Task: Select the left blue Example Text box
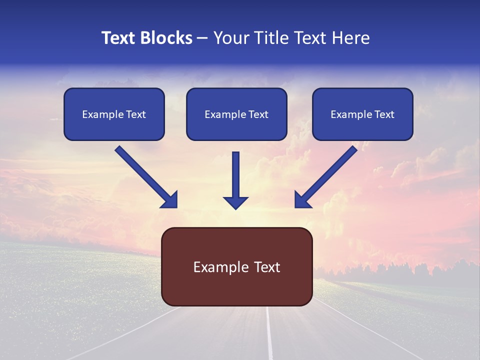click(114, 114)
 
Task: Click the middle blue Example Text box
click(236, 114)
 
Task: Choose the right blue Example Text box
click(362, 114)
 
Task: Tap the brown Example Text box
click(236, 266)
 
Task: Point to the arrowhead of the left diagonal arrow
click(170, 200)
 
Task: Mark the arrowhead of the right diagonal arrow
click(302, 200)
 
